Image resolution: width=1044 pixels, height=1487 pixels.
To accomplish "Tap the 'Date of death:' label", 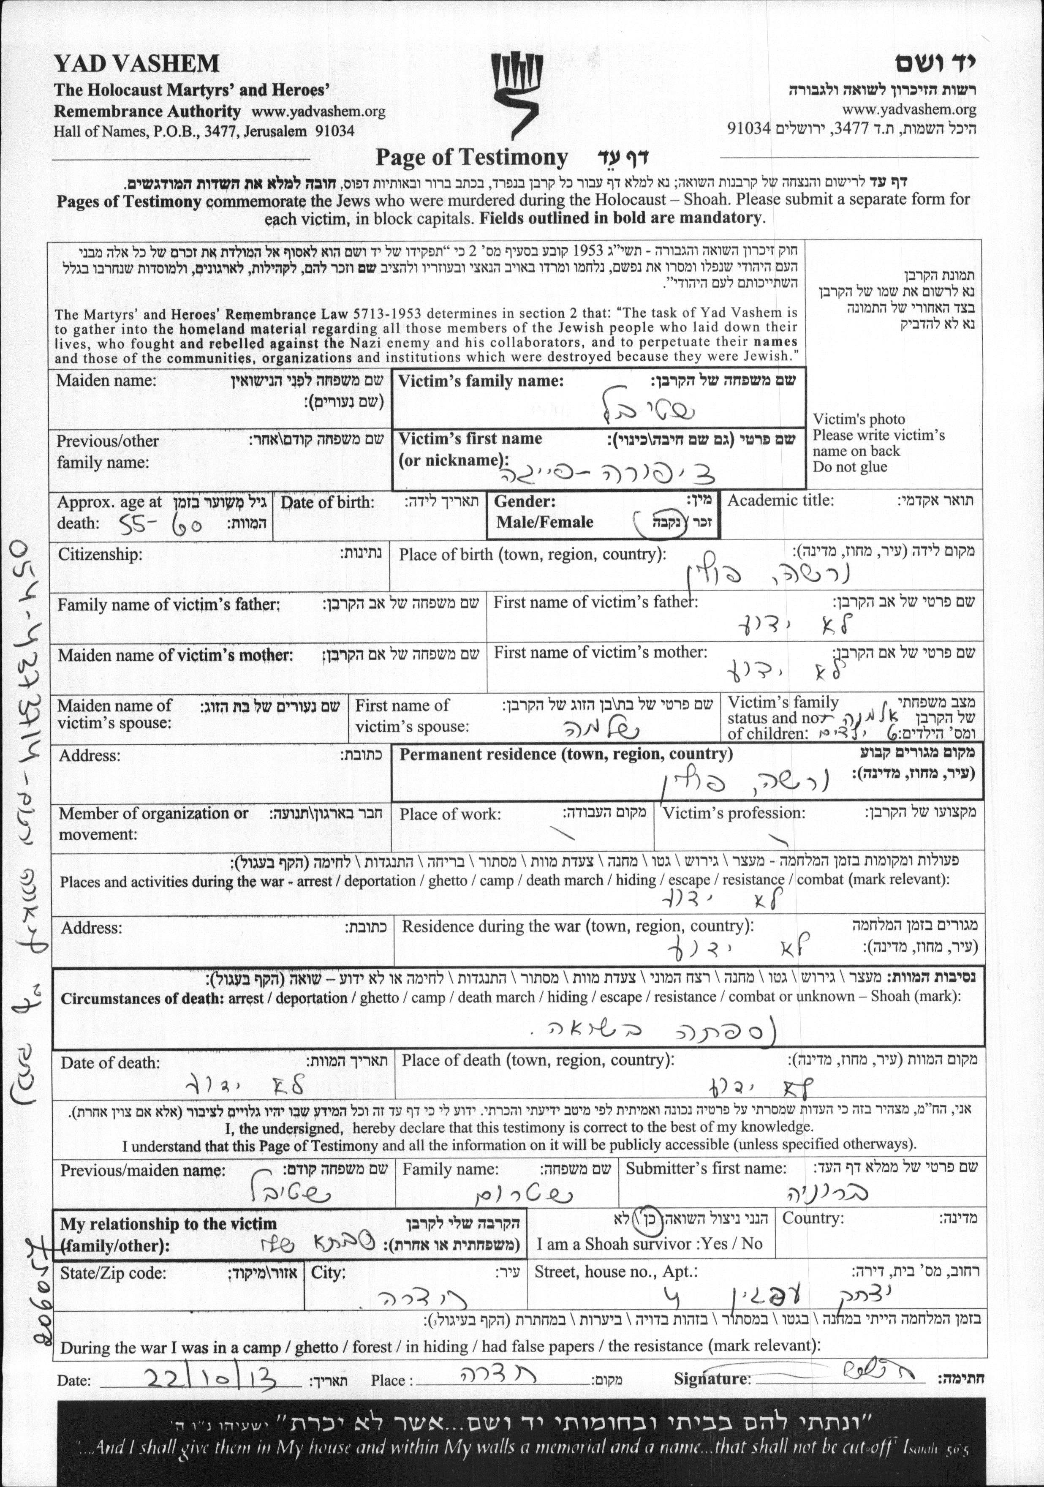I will [110, 1063].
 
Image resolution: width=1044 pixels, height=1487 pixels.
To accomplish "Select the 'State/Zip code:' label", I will [113, 1273].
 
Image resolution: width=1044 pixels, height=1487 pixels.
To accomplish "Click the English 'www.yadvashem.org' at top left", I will [318, 112].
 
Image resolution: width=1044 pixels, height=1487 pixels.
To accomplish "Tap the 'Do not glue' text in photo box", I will [850, 467].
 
